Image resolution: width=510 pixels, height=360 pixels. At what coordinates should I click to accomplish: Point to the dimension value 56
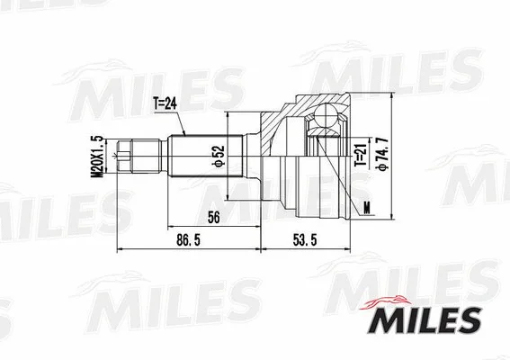click(x=213, y=217)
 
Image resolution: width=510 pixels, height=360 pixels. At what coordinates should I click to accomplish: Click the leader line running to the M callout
click(x=356, y=198)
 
